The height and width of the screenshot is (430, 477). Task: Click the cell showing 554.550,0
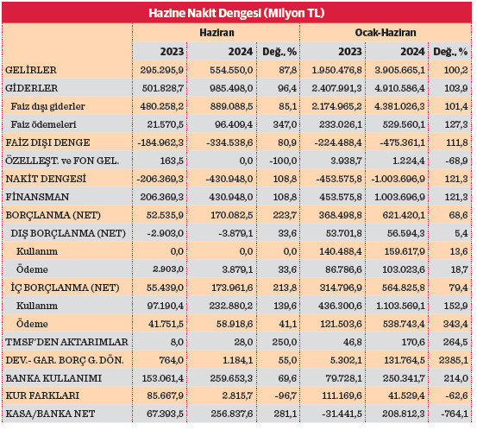tap(227, 69)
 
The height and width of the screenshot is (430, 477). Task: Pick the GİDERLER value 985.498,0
tap(227, 87)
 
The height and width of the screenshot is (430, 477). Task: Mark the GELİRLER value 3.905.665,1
tap(399, 69)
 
